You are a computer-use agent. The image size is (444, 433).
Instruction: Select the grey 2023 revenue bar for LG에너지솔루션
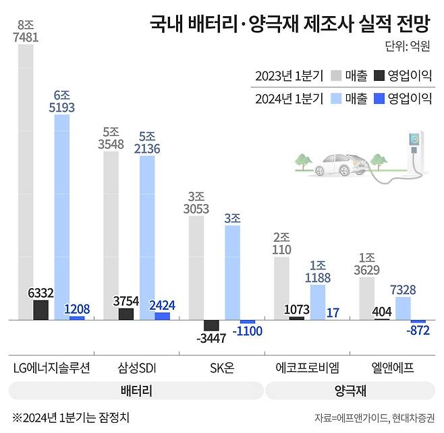click(26, 182)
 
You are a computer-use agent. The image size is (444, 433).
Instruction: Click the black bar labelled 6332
click(40, 310)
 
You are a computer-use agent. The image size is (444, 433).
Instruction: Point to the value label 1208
click(77, 308)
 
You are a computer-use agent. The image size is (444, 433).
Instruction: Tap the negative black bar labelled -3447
click(211, 325)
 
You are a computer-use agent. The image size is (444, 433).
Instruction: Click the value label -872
click(417, 331)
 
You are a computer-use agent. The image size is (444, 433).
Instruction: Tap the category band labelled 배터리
click(135, 391)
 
